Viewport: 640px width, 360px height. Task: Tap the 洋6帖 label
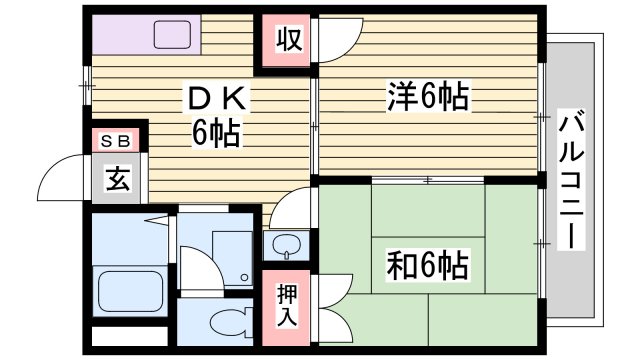(428, 97)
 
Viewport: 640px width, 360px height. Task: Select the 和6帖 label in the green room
(428, 266)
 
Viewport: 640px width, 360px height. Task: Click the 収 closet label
(288, 43)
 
